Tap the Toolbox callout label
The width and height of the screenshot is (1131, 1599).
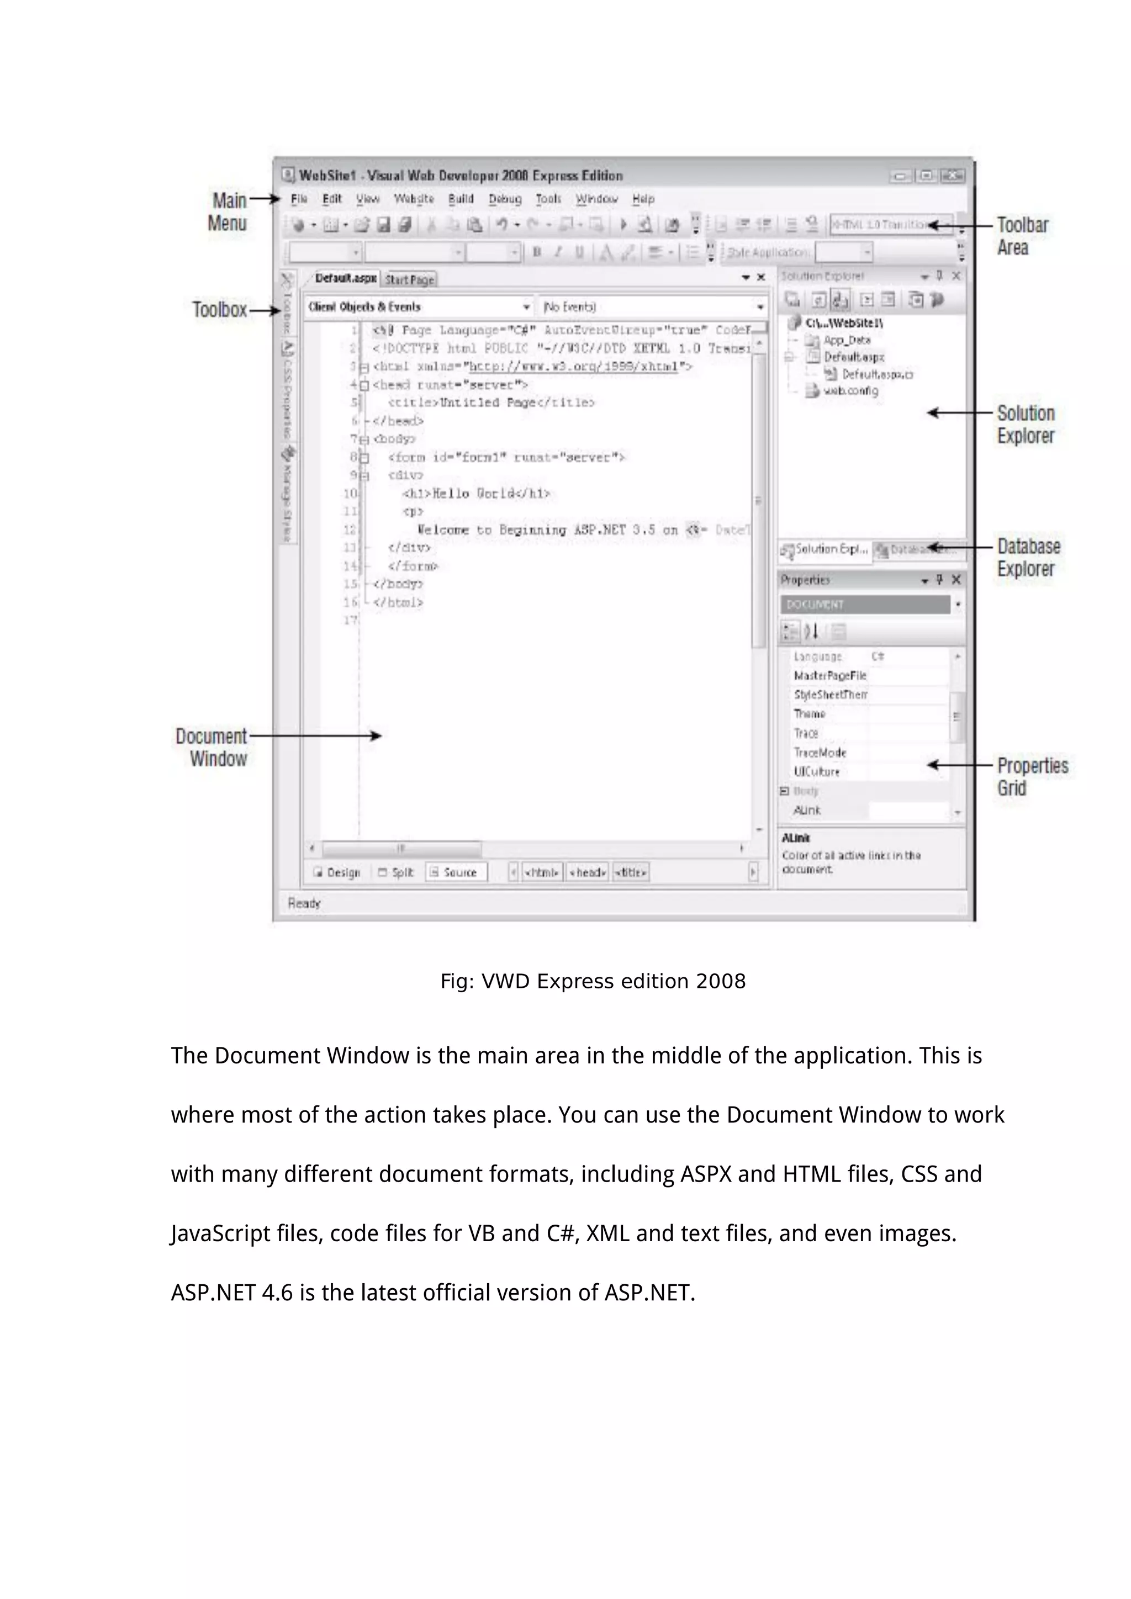click(x=219, y=310)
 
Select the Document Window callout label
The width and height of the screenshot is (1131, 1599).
click(x=212, y=747)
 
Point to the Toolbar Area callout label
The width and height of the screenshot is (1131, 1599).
click(x=1022, y=236)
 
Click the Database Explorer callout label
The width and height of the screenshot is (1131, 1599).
click(x=1028, y=557)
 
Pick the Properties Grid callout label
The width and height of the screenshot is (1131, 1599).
click(x=1032, y=776)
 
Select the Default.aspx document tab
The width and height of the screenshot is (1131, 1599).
click(x=345, y=279)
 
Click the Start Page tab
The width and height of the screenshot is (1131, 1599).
click(x=410, y=280)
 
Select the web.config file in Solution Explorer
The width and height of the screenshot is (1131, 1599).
click(x=850, y=391)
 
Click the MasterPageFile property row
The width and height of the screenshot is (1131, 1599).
click(x=830, y=675)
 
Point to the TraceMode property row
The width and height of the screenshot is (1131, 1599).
click(x=820, y=753)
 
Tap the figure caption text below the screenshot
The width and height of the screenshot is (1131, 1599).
click(x=593, y=981)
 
